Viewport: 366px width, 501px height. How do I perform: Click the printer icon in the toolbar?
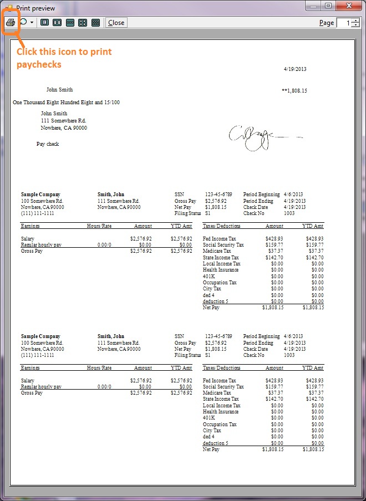click(x=11, y=23)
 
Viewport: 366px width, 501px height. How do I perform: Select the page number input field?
click(x=344, y=23)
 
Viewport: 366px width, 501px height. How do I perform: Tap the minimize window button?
click(x=314, y=6)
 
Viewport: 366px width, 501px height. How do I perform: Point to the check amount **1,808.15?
click(x=294, y=90)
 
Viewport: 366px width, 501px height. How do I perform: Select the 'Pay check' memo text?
click(x=48, y=144)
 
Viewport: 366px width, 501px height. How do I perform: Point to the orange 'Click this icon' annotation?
click(x=64, y=58)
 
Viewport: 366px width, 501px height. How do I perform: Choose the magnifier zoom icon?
click(x=24, y=23)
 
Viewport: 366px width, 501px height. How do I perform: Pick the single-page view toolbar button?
click(x=44, y=23)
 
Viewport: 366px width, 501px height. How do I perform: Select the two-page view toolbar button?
click(x=57, y=23)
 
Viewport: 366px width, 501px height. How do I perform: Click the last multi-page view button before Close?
click(x=95, y=23)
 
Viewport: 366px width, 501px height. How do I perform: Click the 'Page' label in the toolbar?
click(x=327, y=23)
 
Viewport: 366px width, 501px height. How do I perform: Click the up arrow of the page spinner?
click(x=355, y=21)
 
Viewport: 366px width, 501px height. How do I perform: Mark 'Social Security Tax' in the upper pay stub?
click(x=223, y=245)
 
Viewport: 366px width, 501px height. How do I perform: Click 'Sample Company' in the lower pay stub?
click(x=40, y=336)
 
